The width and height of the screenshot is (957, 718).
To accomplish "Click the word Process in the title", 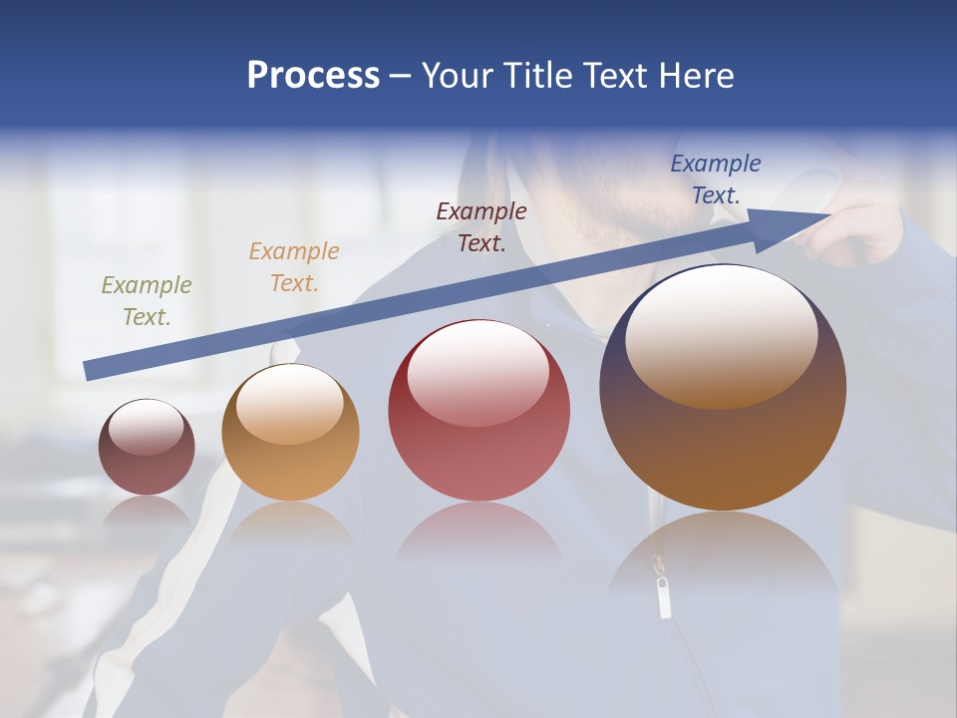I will [313, 75].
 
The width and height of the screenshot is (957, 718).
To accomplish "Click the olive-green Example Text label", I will [146, 301].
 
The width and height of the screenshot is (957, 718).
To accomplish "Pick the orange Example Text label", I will [293, 267].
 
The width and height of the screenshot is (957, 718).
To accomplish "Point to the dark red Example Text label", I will [480, 227].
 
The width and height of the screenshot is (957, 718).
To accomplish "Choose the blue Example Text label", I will [715, 179].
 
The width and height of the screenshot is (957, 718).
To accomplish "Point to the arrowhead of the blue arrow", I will [797, 225].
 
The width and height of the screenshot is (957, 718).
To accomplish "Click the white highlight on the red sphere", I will [478, 371].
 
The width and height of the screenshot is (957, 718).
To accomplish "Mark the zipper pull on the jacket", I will [664, 596].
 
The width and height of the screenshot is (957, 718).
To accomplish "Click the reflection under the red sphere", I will [479, 534].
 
